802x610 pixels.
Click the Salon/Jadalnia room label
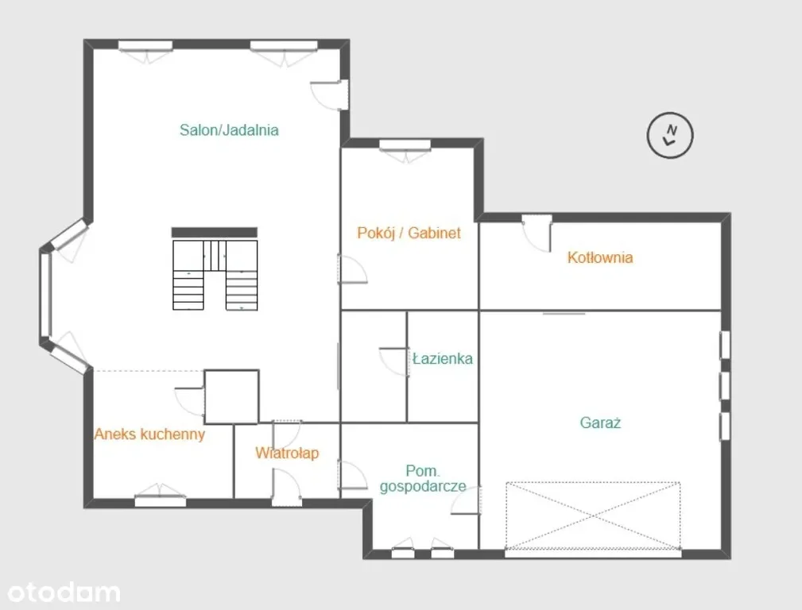pyautogui.click(x=229, y=130)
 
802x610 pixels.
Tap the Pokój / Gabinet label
pyautogui.click(x=409, y=233)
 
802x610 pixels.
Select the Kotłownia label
pyautogui.click(x=600, y=257)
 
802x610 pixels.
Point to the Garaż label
pyautogui.click(x=600, y=423)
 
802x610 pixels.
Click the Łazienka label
pyautogui.click(x=443, y=358)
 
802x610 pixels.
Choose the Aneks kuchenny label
pyautogui.click(x=149, y=434)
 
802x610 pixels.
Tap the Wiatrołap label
pyautogui.click(x=287, y=453)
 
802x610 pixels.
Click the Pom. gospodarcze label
pyautogui.click(x=423, y=478)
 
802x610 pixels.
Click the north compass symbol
pyautogui.click(x=670, y=135)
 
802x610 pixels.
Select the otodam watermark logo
pyautogui.click(x=64, y=592)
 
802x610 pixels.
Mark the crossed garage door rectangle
pyautogui.click(x=593, y=515)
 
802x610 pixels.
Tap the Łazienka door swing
pyautogui.click(x=394, y=362)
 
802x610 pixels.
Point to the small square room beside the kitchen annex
pyautogui.click(x=232, y=397)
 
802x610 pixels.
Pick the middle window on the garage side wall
pyautogui.click(x=725, y=386)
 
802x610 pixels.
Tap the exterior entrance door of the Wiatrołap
pyautogui.click(x=286, y=488)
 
